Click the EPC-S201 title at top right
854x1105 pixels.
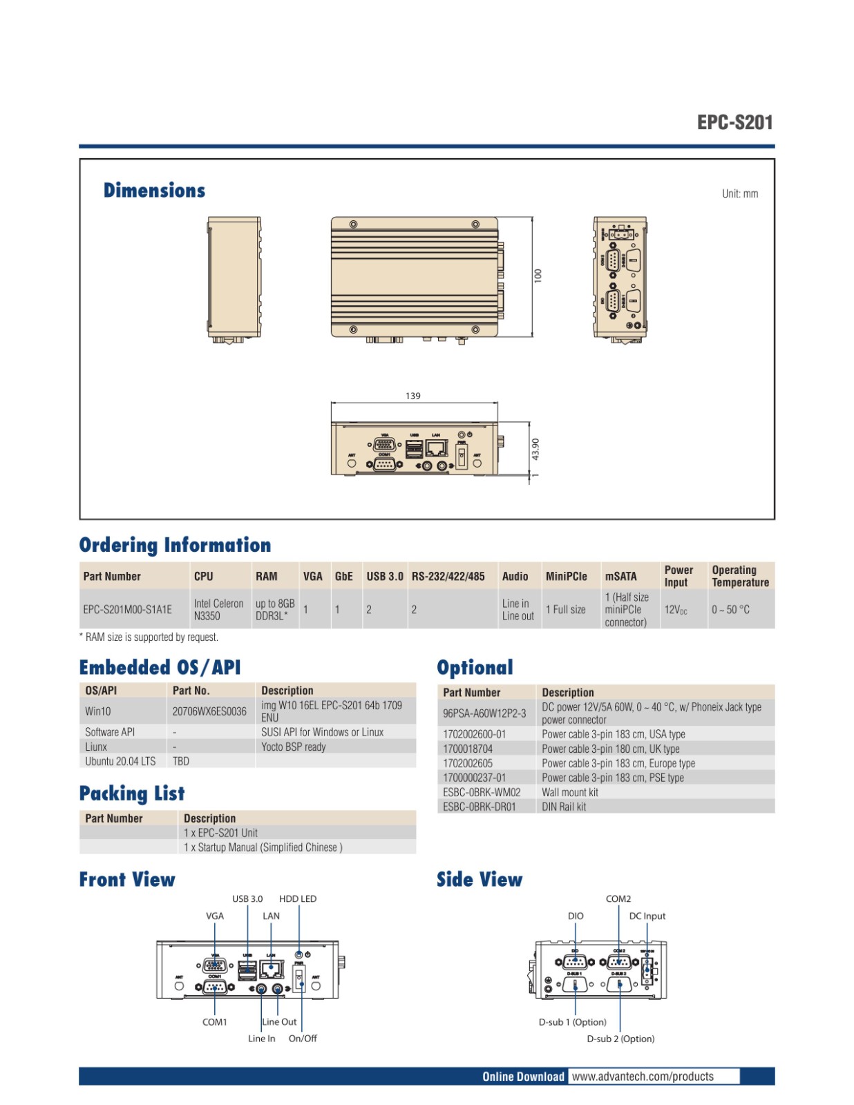(x=734, y=122)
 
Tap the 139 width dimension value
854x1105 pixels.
(x=412, y=396)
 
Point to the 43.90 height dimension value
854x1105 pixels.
(x=535, y=450)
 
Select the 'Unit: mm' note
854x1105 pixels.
(x=739, y=194)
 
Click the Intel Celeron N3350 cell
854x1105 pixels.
(x=218, y=609)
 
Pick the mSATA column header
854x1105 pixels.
(x=620, y=576)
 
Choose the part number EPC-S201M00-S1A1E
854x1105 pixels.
(x=127, y=609)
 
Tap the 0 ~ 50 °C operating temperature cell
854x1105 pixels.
(x=730, y=609)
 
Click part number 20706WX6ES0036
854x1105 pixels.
(x=209, y=711)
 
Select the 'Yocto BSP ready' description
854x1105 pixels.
(x=293, y=747)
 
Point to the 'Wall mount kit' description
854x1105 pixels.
(x=569, y=792)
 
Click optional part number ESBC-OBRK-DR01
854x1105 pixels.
(x=479, y=807)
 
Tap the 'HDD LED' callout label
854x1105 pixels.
(x=298, y=899)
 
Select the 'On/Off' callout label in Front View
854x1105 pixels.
(x=303, y=1038)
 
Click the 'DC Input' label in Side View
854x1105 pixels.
(x=647, y=916)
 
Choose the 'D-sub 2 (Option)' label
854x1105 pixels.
(x=620, y=1039)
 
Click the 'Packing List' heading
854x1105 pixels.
(x=132, y=794)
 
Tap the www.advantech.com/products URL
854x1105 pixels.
(x=643, y=1076)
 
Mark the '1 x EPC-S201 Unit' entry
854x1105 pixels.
(x=220, y=833)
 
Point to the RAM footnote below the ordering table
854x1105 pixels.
(x=149, y=637)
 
